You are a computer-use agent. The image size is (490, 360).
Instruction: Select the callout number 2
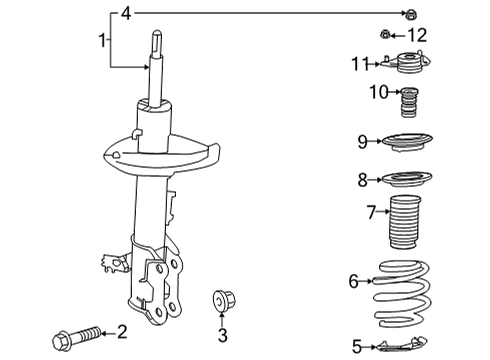tap(122, 331)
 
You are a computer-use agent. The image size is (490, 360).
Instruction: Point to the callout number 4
tap(126, 13)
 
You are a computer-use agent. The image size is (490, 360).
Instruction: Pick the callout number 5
tap(357, 347)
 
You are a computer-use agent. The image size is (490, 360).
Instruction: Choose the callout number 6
tap(353, 283)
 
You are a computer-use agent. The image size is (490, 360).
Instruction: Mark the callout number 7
tap(370, 212)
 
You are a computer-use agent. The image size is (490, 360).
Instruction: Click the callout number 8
tap(364, 180)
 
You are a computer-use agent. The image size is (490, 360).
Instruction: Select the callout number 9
tap(364, 141)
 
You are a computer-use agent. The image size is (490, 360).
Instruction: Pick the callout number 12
tap(417, 35)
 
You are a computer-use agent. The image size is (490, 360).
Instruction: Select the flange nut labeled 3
tap(221, 299)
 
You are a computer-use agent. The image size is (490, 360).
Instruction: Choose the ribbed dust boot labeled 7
tap(407, 228)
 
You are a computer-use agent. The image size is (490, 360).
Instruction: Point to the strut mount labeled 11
tap(408, 68)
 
